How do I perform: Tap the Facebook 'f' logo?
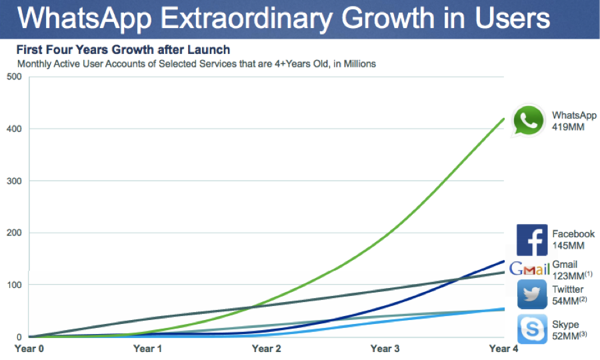(532, 240)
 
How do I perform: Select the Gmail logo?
(529, 269)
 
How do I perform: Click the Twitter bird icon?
(532, 294)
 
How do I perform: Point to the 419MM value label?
(568, 127)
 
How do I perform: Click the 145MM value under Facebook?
(568, 245)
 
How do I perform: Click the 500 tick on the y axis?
(13, 77)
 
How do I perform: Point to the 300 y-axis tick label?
(13, 181)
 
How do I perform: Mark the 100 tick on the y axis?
(13, 285)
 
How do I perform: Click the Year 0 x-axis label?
(29, 348)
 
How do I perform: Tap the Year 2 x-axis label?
(267, 348)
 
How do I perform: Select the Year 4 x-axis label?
(503, 348)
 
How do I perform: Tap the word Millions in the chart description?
(357, 64)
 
